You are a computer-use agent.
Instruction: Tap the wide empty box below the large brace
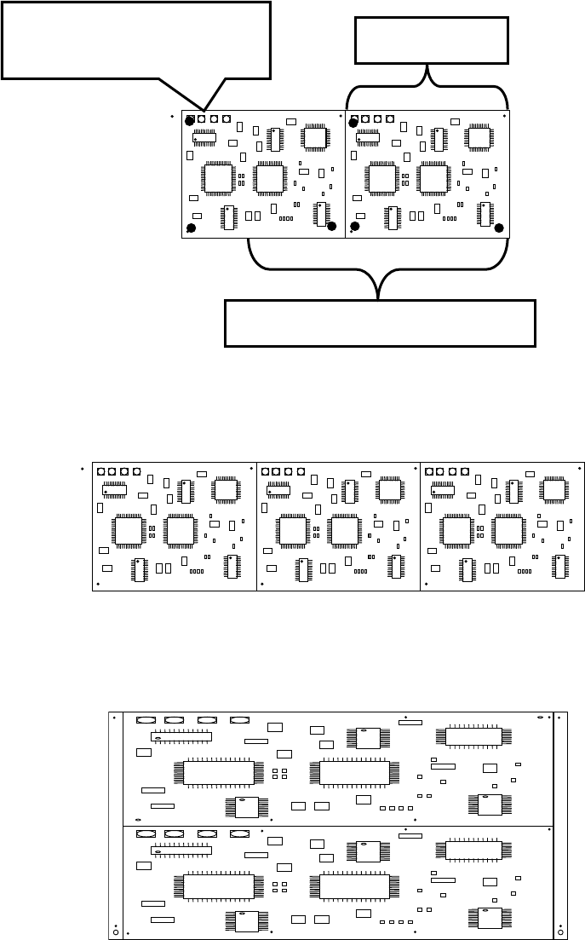[380, 323]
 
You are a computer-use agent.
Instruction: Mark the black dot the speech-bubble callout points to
[190, 121]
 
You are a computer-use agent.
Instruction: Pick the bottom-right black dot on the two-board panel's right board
[499, 228]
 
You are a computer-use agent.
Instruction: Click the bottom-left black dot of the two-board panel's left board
[191, 228]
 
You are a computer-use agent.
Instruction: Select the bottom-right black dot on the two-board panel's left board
[331, 226]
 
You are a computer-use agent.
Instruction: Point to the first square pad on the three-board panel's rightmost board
[429, 470]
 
